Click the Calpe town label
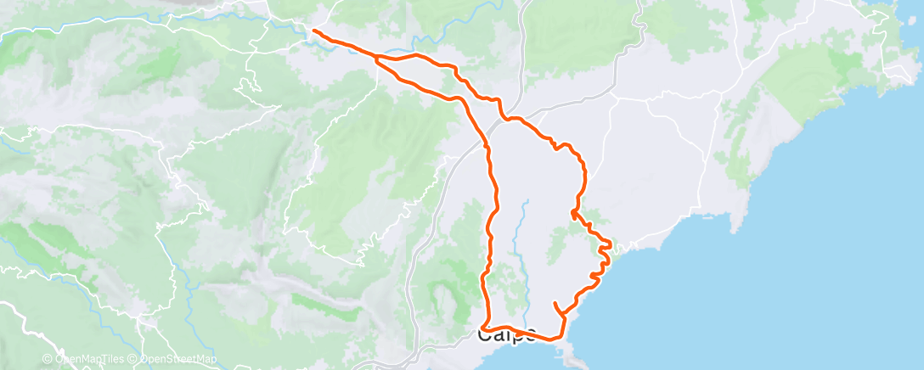coord(507,334)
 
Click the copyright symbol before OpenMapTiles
coord(48,360)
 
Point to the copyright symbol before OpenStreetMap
coord(135,360)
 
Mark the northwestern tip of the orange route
coord(314,31)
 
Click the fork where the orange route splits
coord(376,58)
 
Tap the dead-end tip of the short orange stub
coord(555,303)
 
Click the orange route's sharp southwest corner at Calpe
coord(482,326)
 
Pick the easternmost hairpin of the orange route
coord(610,245)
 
